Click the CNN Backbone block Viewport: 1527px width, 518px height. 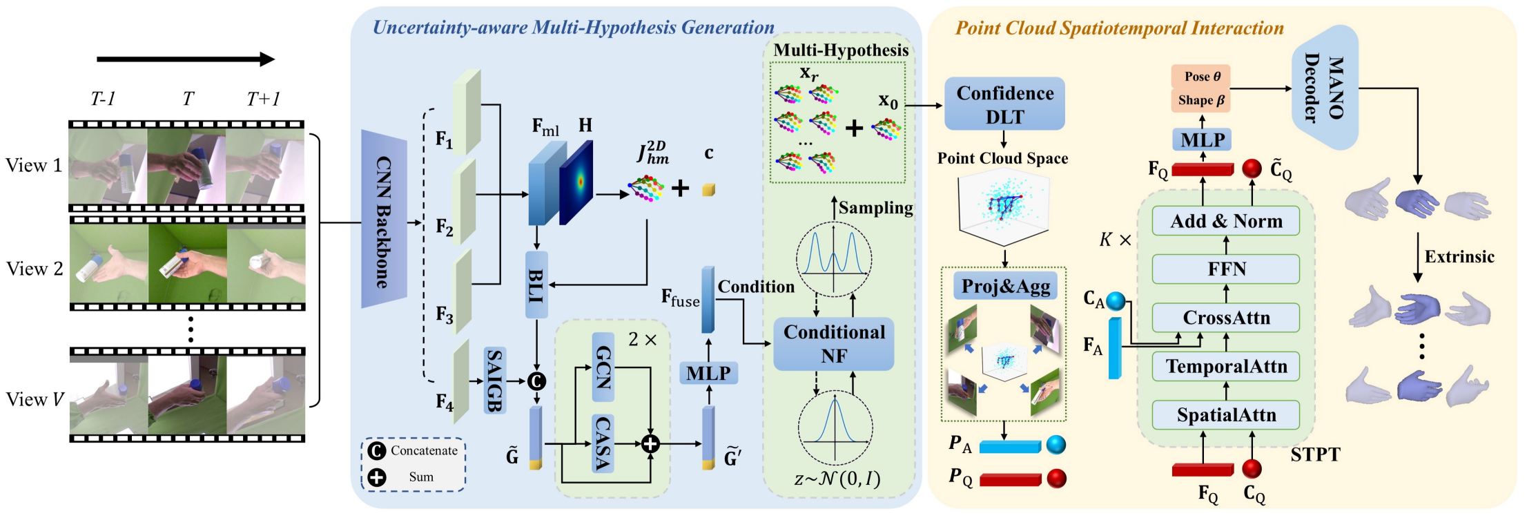coord(384,220)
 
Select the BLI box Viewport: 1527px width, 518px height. coord(536,285)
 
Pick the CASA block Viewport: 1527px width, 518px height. coord(603,443)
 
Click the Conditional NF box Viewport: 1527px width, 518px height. coord(833,344)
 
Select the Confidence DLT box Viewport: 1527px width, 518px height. coord(1004,104)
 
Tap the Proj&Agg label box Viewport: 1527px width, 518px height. coord(1005,286)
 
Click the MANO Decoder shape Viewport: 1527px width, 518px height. coord(1325,88)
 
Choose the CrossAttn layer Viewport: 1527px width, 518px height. coord(1226,318)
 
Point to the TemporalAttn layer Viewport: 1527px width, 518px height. coord(1226,366)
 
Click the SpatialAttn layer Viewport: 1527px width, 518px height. coord(1226,414)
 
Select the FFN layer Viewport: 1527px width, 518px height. coord(1226,269)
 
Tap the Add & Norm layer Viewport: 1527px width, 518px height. coord(1226,221)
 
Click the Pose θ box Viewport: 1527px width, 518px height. coord(1201,77)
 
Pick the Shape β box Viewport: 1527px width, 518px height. coord(1201,100)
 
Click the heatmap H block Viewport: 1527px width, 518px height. coord(577,182)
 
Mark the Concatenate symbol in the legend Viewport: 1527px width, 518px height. coord(377,451)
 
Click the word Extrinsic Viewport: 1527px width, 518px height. coord(1459,257)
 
